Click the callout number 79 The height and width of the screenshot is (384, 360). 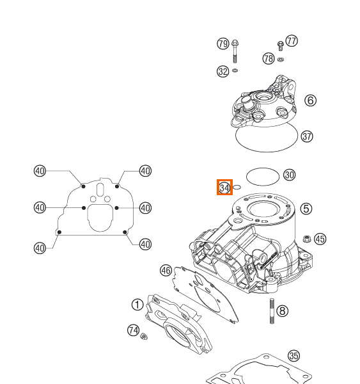tap(223, 44)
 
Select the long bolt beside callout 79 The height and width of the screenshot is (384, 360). tap(235, 51)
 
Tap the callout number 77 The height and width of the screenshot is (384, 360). tap(292, 41)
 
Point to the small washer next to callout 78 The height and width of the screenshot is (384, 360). tap(281, 60)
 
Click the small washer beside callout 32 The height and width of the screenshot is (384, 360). tap(235, 70)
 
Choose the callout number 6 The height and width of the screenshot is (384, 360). tap(310, 100)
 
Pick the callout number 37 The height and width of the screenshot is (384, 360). tap(307, 136)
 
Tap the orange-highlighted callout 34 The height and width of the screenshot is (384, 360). tap(224, 188)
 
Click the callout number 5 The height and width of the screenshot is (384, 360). tap(306, 209)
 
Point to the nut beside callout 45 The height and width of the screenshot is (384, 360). tap(307, 239)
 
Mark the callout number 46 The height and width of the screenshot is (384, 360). tap(166, 271)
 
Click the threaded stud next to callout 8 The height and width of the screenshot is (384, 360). tap(272, 311)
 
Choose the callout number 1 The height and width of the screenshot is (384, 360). tap(137, 305)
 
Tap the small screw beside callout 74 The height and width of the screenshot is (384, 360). tap(144, 337)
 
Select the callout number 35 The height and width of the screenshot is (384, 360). tap(293, 356)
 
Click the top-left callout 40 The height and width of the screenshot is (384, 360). tap(40, 171)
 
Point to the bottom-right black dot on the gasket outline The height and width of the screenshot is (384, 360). tap(125, 232)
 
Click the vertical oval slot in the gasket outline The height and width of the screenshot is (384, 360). tap(100, 190)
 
